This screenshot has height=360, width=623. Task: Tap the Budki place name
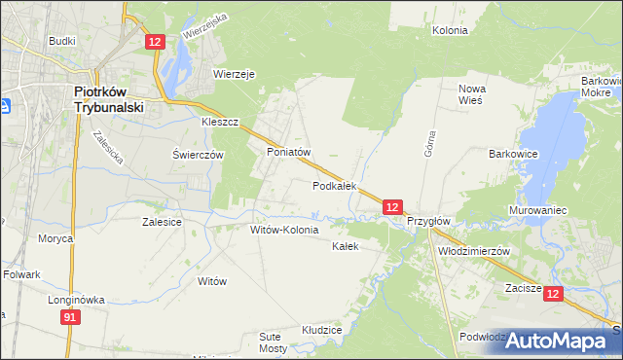point(62,42)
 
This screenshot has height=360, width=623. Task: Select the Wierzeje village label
point(234,73)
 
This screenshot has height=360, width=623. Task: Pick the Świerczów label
point(198,155)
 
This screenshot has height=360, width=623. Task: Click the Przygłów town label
point(428,221)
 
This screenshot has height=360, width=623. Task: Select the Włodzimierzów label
point(475,250)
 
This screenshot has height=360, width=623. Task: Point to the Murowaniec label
point(538,210)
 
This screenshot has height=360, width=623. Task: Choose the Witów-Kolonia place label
point(284,231)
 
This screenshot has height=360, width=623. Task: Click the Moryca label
point(55,238)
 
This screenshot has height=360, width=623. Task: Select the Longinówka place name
point(76,301)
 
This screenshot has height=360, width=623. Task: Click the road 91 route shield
point(69,317)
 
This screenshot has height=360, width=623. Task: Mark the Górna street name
point(428,144)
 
